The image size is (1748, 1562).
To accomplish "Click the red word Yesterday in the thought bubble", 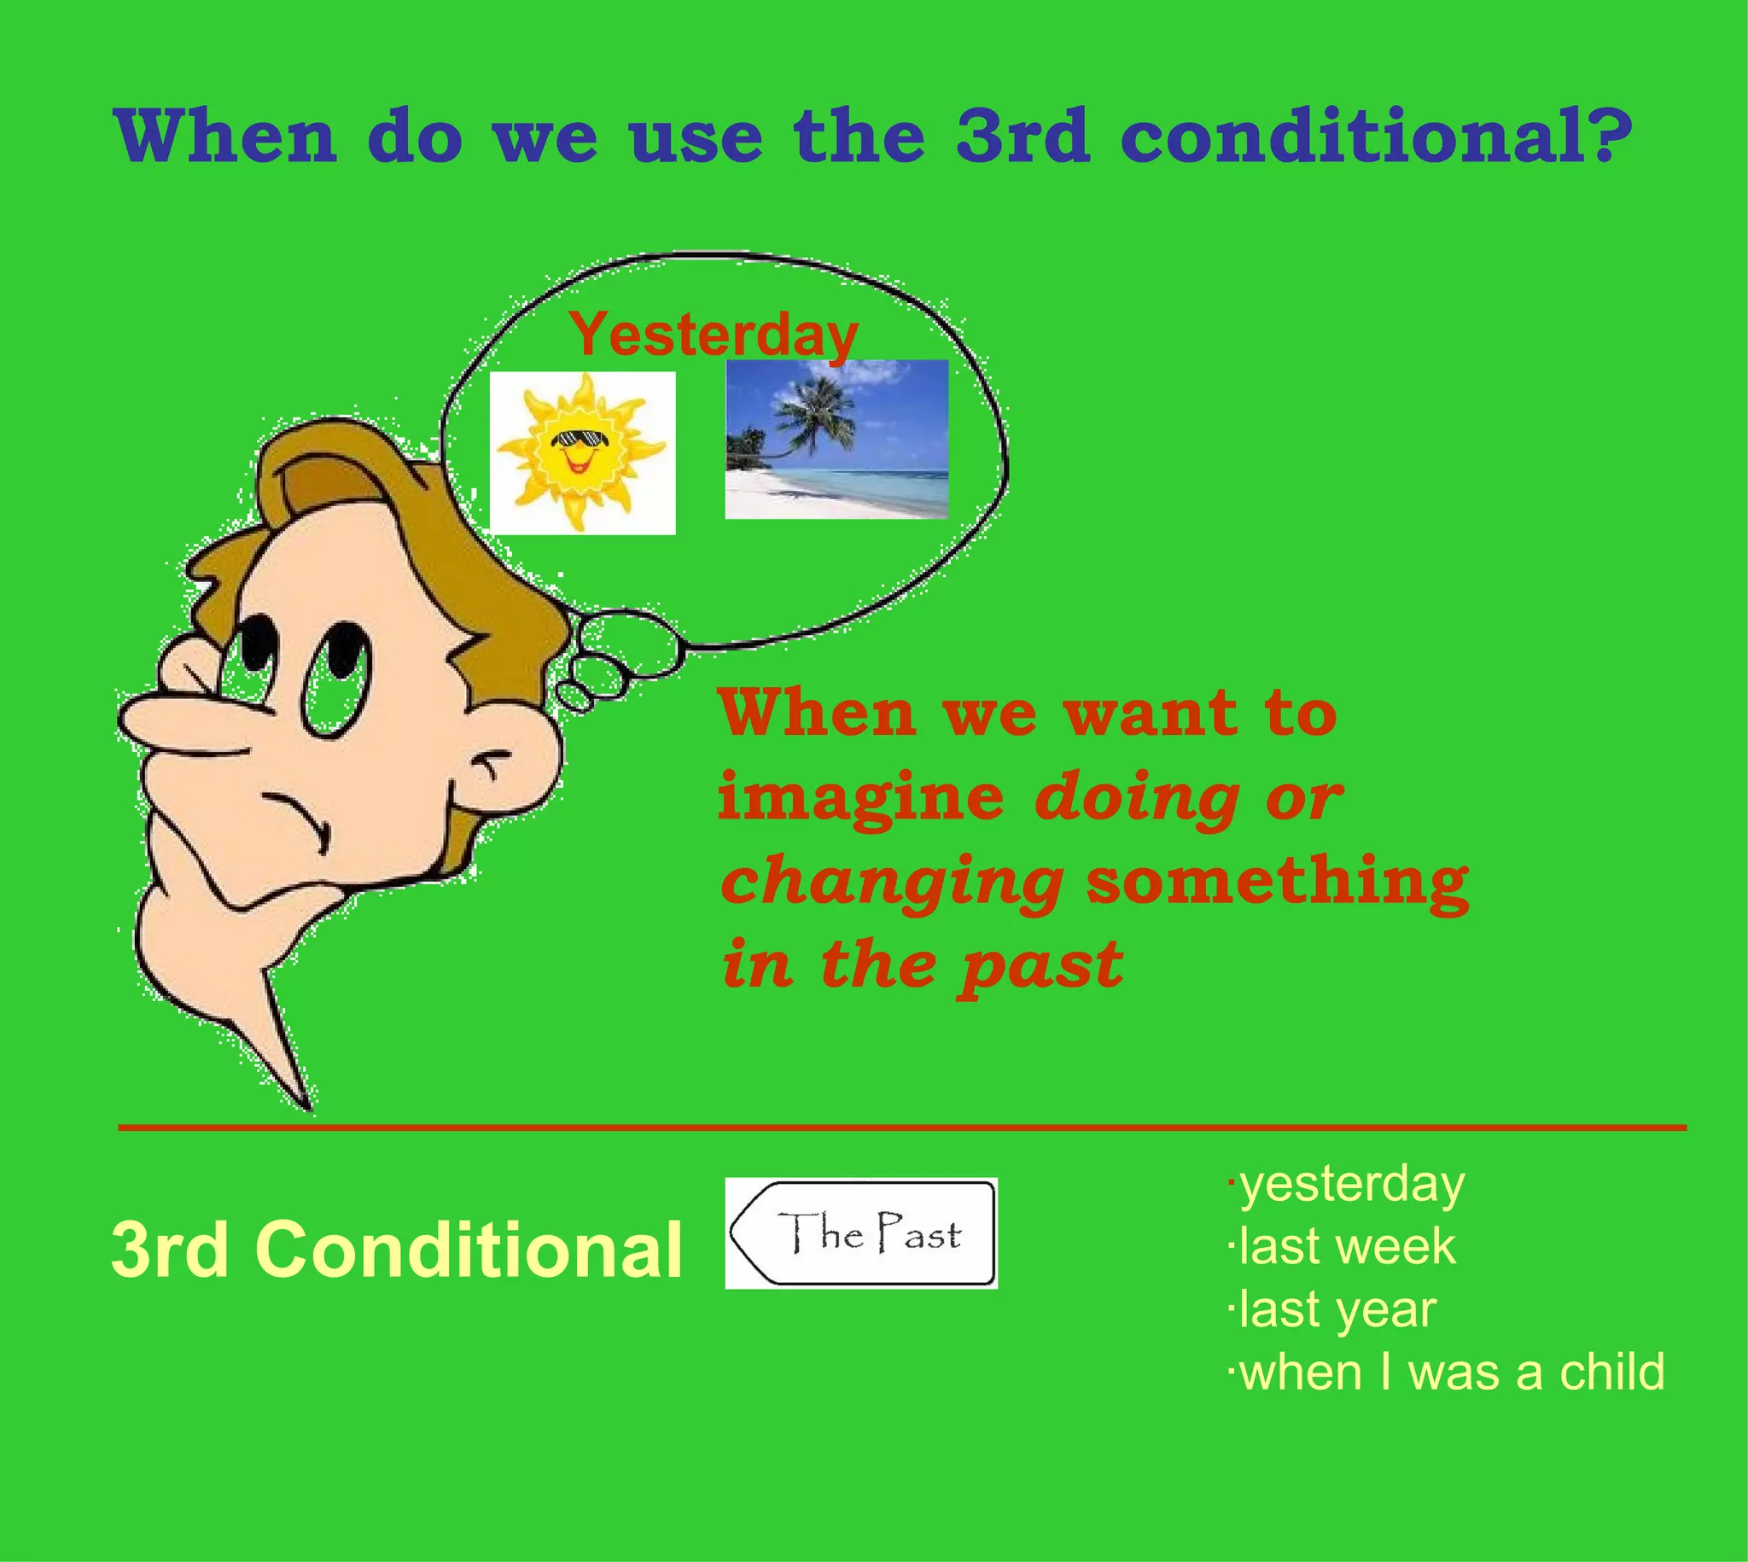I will pyautogui.click(x=713, y=335).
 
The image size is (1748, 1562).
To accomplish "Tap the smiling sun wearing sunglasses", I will pyautogui.click(x=582, y=452).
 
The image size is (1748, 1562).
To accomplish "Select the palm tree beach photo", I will pyautogui.click(x=836, y=439).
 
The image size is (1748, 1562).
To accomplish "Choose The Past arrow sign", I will pyautogui.click(x=860, y=1233).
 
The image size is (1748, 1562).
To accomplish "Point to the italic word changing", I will pyautogui.click(x=892, y=883).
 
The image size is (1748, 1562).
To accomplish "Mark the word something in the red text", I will pyautogui.click(x=1278, y=882).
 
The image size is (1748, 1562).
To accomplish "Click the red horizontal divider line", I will pyautogui.click(x=901, y=1128).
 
